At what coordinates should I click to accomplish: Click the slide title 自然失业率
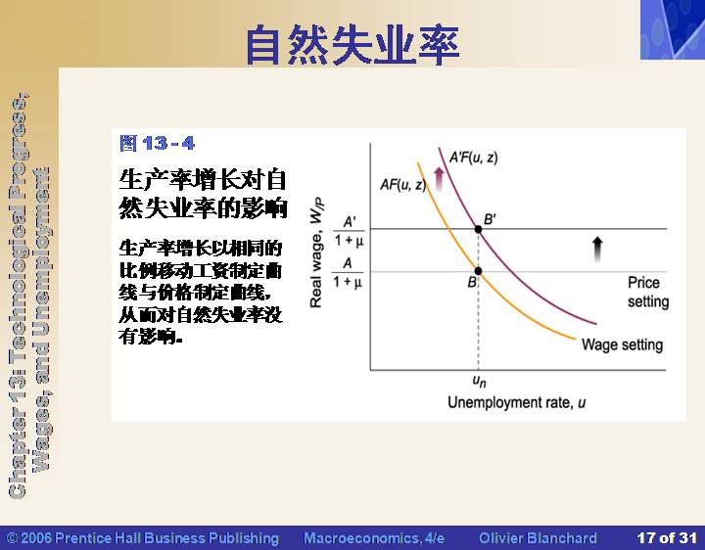tap(352, 44)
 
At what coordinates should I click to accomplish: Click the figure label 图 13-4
tap(158, 143)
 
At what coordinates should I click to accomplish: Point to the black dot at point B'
tap(479, 229)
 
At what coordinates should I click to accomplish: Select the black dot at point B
tap(479, 271)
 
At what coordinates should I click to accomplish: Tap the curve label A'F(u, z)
tap(474, 158)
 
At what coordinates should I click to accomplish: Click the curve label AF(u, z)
tap(402, 184)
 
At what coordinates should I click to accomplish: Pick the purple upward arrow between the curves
tap(439, 179)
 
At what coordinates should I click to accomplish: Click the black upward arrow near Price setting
tap(597, 250)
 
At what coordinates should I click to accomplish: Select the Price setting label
tap(648, 292)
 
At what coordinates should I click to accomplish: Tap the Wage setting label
tap(623, 344)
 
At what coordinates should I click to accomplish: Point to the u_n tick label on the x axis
tap(479, 381)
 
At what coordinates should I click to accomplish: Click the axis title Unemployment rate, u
tap(517, 402)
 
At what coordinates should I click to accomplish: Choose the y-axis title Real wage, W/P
tap(316, 252)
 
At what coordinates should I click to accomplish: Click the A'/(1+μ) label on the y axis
tap(349, 232)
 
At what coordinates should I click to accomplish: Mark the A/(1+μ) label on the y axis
tap(348, 272)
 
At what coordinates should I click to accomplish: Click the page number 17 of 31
tap(667, 538)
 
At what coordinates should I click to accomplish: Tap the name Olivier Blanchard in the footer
tap(538, 538)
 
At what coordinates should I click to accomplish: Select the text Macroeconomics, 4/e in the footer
tap(374, 538)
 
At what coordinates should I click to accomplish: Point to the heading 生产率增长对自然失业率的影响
tap(203, 194)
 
